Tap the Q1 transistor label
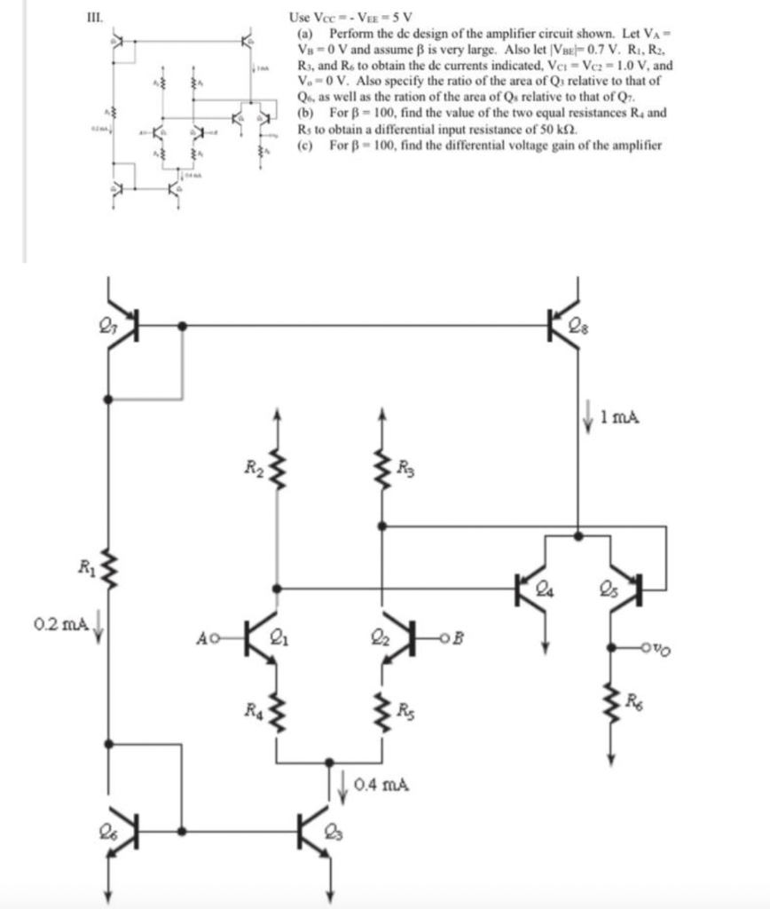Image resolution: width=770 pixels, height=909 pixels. [x=278, y=635]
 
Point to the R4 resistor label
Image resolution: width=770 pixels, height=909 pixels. [x=255, y=707]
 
